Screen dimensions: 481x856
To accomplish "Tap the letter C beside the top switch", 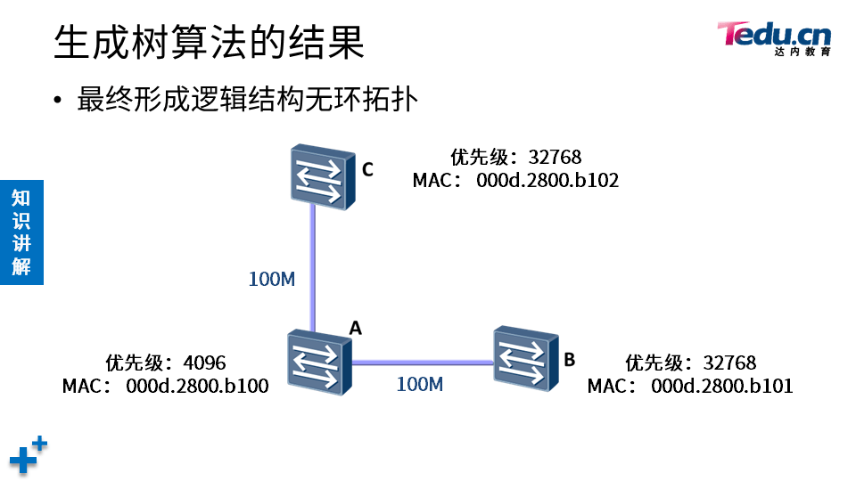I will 367,169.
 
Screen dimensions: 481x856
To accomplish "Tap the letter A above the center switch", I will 355,328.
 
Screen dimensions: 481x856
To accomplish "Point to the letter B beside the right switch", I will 570,360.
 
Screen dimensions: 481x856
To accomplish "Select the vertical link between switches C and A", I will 313,267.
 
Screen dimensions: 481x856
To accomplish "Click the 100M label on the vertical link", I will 271,279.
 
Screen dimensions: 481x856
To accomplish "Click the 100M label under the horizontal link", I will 419,385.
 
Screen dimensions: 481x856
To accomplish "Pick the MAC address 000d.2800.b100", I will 197,387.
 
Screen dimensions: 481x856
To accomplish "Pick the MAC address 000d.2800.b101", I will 722,387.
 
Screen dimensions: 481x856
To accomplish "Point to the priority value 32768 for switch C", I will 555,158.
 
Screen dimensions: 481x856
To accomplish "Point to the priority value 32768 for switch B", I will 729,363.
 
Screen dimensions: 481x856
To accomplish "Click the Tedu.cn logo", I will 773,37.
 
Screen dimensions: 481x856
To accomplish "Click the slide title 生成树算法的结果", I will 209,42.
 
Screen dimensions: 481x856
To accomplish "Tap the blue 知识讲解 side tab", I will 21,232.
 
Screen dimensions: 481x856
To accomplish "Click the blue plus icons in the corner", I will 28,455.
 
